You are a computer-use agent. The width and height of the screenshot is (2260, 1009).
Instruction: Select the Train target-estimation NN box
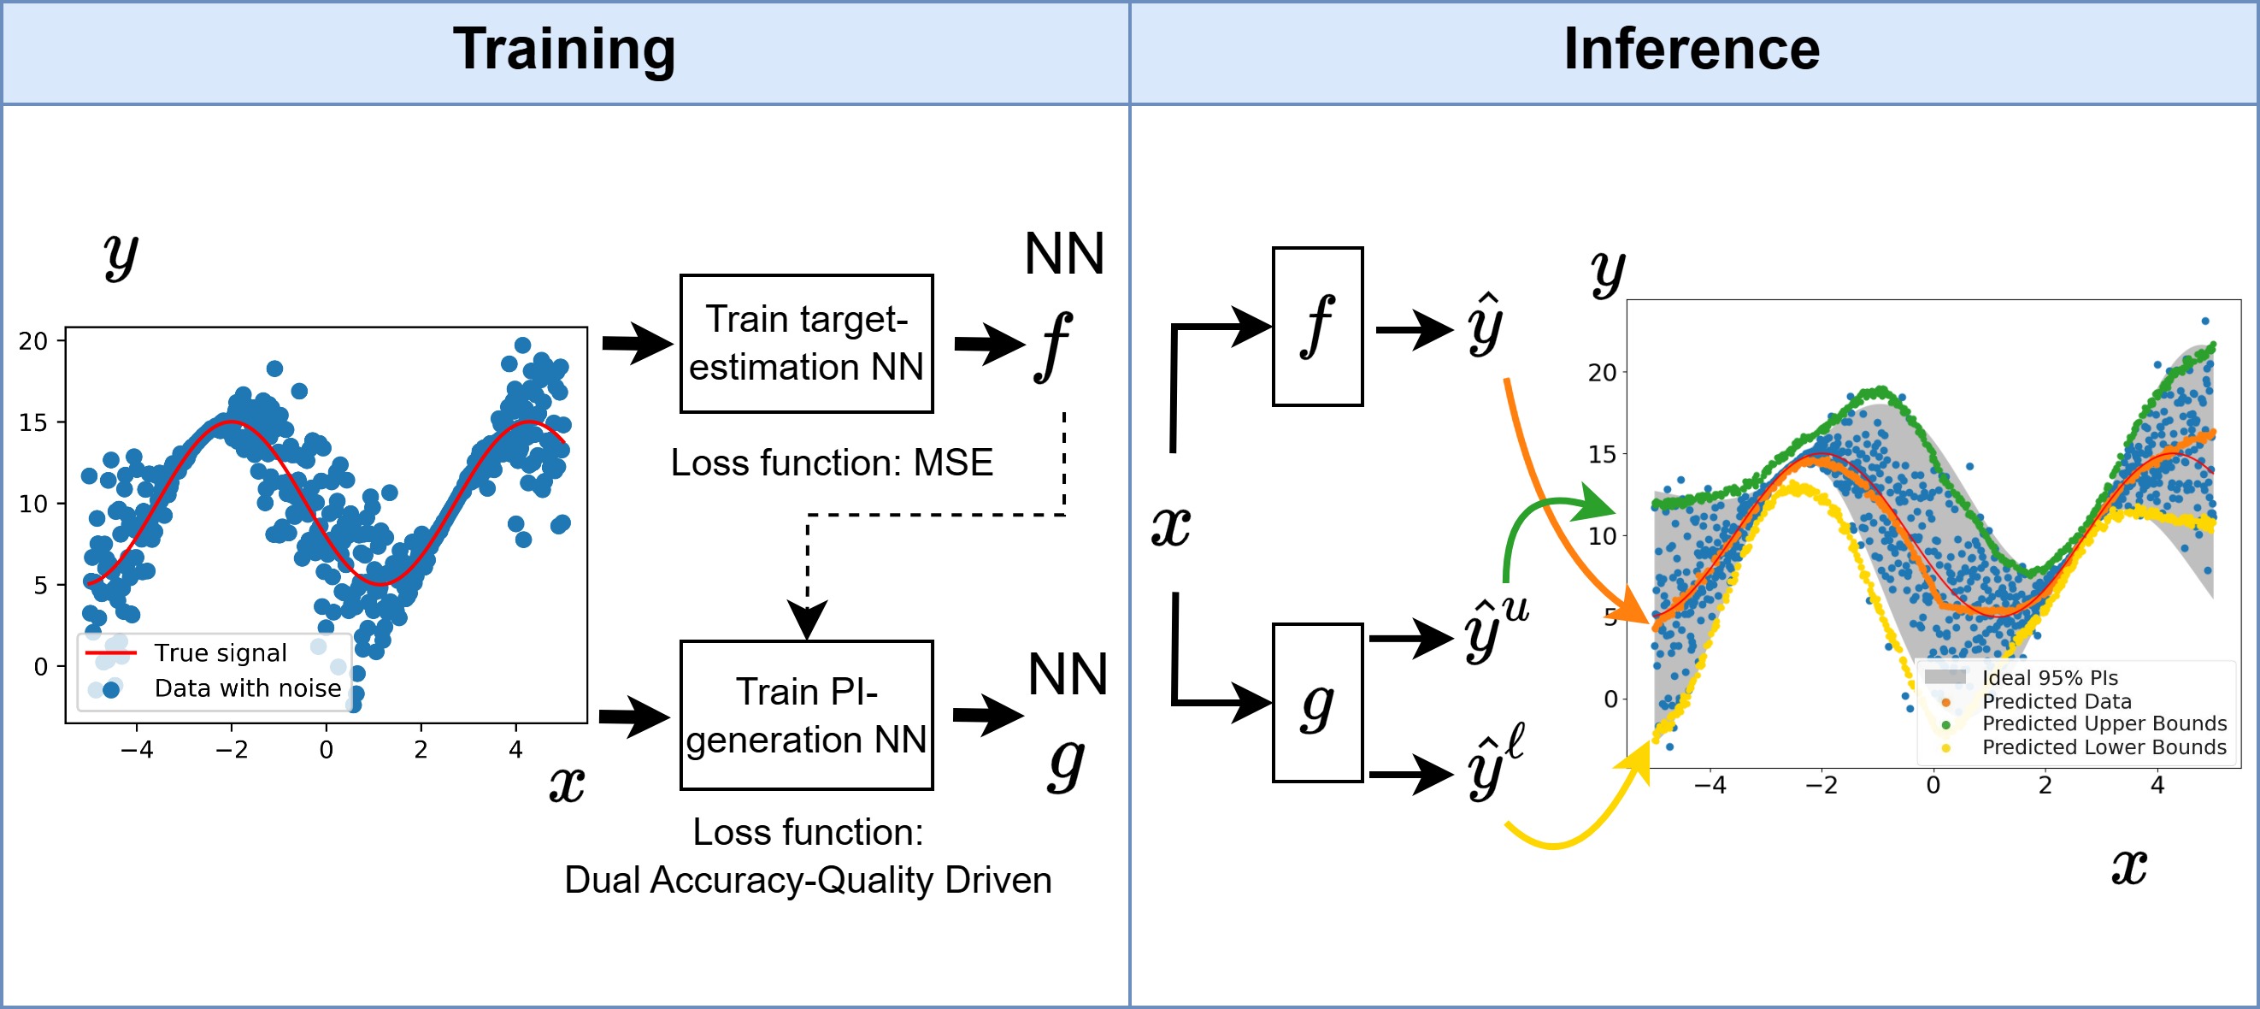[806, 344]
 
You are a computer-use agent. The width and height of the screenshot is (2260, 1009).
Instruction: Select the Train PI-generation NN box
[806, 715]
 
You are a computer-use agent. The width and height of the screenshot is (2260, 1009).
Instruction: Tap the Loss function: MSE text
[831, 463]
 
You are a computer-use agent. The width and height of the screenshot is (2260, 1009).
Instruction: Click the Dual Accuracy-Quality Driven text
[807, 880]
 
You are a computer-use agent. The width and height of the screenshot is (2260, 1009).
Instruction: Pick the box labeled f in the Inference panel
[1317, 327]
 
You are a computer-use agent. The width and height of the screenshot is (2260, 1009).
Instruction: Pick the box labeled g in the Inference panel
[1317, 703]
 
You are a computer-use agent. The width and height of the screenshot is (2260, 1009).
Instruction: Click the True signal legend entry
[220, 652]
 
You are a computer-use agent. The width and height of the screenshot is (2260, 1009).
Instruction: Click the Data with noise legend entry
[246, 688]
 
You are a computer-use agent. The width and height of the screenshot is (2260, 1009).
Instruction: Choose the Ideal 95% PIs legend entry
[2049, 677]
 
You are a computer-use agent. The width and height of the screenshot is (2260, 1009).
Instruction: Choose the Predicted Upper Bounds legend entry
[2103, 724]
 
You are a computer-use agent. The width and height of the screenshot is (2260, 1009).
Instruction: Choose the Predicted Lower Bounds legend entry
[2103, 747]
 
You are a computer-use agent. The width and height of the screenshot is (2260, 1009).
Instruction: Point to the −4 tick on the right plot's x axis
[1709, 785]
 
